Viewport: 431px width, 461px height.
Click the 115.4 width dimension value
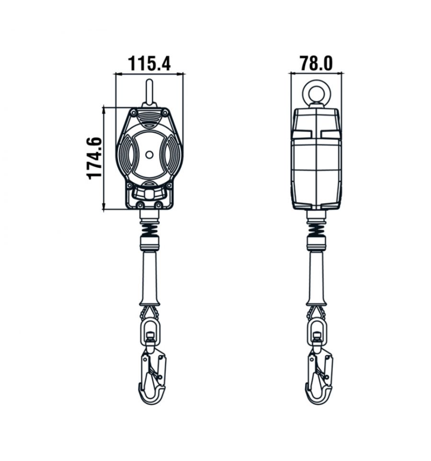149,64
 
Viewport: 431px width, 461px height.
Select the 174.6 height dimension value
94,158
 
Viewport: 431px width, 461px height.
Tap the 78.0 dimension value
316,64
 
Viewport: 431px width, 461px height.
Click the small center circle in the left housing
149,155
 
